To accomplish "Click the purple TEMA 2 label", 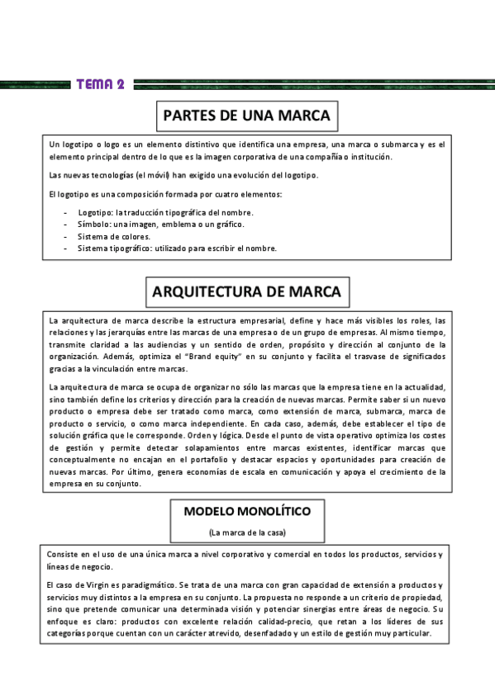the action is (100, 84).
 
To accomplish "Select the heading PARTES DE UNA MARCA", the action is (246, 115).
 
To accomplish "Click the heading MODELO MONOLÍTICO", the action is (247, 511).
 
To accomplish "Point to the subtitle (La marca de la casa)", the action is (247, 532).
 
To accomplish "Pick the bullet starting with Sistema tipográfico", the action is (178, 248).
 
